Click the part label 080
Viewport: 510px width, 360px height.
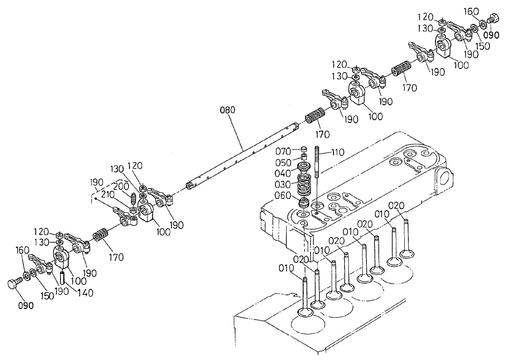click(228, 110)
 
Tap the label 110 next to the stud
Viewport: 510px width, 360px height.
click(338, 152)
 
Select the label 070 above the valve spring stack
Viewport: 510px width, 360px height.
click(282, 151)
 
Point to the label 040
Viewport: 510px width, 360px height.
click(282, 173)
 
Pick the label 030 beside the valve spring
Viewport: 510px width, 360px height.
click(282, 184)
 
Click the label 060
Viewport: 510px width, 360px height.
click(282, 195)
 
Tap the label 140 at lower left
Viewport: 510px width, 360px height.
click(85, 293)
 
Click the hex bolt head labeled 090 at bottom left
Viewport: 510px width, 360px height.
click(14, 284)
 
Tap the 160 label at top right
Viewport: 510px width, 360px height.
click(470, 11)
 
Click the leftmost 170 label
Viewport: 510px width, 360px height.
click(116, 257)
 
